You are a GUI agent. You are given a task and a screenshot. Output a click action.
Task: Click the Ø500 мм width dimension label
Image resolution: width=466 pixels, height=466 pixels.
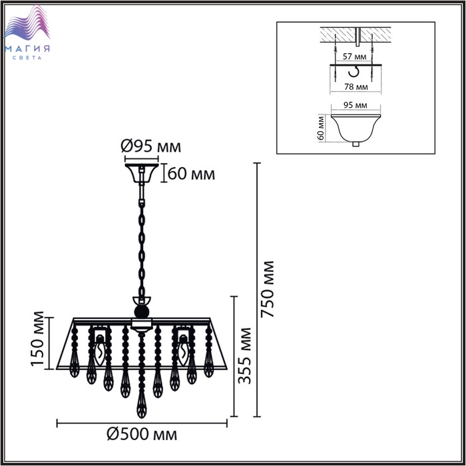tap(142, 435)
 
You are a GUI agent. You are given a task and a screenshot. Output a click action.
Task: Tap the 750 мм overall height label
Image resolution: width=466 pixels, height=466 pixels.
tap(267, 289)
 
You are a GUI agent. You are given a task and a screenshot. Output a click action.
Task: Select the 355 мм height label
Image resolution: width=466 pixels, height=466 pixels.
tap(245, 355)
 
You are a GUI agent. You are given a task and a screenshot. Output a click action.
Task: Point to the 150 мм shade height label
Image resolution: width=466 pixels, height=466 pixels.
tap(37, 338)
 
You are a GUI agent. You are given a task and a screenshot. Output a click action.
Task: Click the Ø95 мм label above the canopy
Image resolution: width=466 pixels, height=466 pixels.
tap(151, 146)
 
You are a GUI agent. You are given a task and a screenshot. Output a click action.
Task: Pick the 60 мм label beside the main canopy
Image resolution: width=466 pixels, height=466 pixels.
tap(191, 174)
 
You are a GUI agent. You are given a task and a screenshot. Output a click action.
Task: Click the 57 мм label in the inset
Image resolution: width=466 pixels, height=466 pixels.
tap(354, 57)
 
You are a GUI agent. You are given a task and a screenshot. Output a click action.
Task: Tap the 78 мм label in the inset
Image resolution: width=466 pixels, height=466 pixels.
tap(355, 87)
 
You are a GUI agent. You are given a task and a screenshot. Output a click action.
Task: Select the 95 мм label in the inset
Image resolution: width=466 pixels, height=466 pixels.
tap(355, 105)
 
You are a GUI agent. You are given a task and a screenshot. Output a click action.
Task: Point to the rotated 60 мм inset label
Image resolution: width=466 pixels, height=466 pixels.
tap(321, 128)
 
